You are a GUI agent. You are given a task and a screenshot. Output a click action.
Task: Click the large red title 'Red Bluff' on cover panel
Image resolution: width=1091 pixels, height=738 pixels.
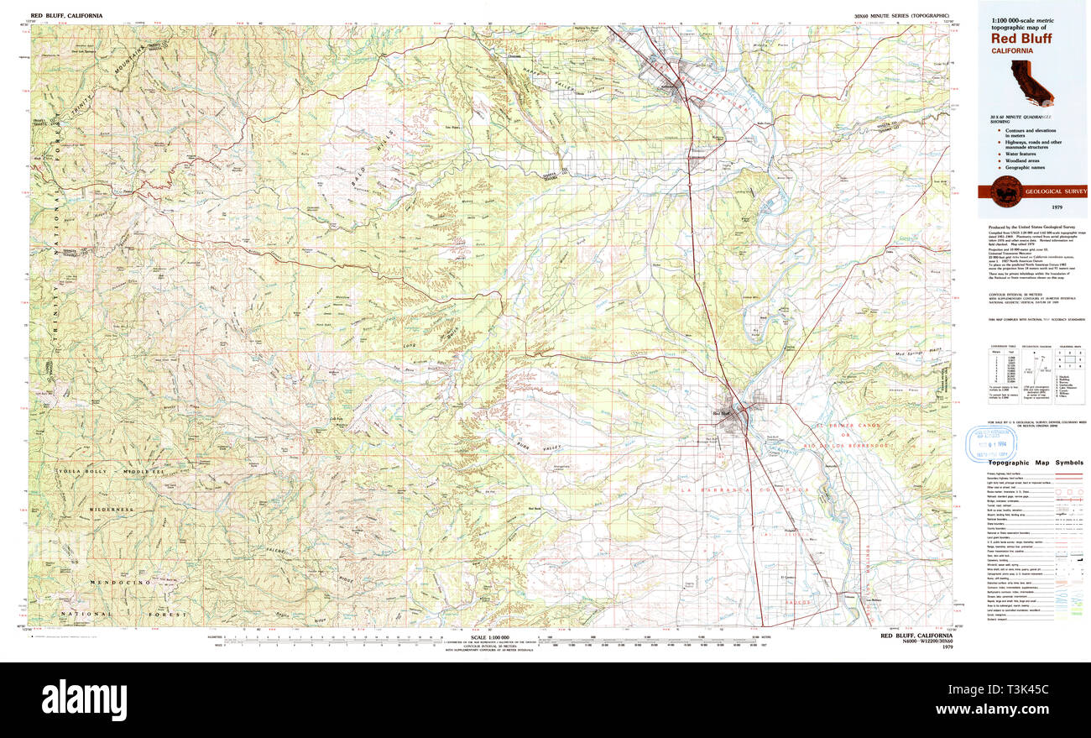pos(1021,38)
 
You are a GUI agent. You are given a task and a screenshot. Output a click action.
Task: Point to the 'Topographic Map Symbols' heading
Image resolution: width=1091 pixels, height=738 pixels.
pos(1036,463)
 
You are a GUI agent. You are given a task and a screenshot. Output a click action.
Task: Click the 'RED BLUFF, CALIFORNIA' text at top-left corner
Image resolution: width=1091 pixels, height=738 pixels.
pos(67,16)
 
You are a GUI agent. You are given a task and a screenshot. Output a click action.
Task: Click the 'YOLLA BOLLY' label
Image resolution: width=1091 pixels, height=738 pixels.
pos(82,472)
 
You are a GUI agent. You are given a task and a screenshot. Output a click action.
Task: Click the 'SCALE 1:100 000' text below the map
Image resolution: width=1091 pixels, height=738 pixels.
pos(491,635)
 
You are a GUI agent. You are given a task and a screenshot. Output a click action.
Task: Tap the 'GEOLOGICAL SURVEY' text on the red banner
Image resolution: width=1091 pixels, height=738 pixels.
pos(1050,191)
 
